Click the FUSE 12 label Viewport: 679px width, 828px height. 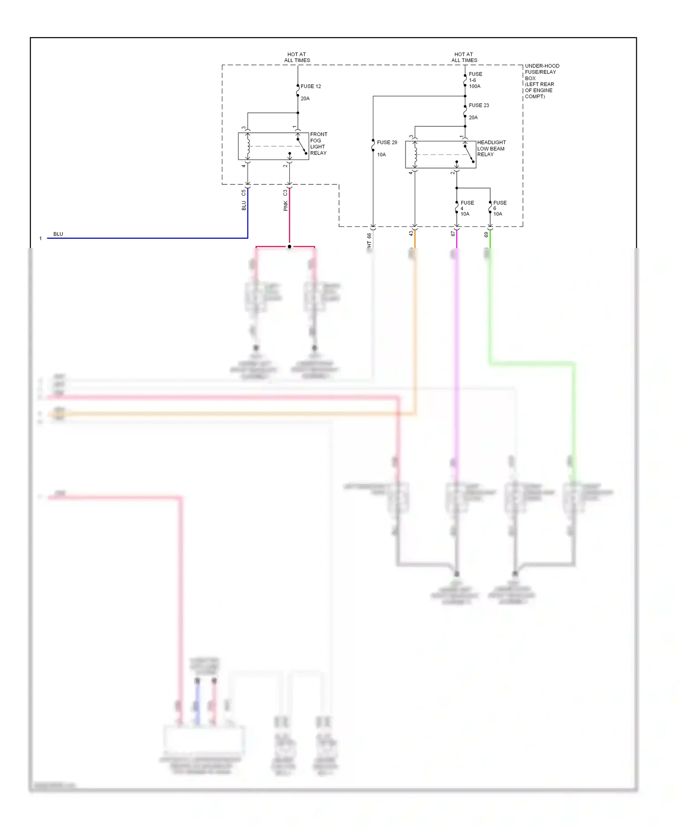click(x=311, y=86)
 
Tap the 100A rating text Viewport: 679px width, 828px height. click(x=474, y=86)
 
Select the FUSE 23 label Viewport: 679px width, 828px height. click(x=478, y=105)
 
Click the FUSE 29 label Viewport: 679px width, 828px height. click(x=387, y=142)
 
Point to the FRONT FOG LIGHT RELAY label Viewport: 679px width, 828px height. click(x=318, y=144)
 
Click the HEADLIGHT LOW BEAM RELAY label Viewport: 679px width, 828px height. click(x=491, y=149)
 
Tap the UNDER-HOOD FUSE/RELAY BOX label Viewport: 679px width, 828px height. click(x=541, y=81)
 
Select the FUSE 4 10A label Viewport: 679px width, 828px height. click(x=466, y=208)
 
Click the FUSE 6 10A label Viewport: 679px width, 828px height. click(x=499, y=208)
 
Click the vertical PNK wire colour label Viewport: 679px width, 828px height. click(x=286, y=206)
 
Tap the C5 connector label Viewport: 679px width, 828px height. click(x=244, y=193)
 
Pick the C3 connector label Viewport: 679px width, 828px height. click(x=285, y=193)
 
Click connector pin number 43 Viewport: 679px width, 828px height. click(x=411, y=234)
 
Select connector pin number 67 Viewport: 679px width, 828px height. click(x=453, y=234)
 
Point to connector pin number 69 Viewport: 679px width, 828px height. click(x=486, y=234)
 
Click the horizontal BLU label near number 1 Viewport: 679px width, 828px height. click(x=58, y=234)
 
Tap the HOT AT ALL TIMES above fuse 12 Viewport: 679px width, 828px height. click(x=297, y=57)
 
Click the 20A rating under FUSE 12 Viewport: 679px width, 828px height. click(x=305, y=98)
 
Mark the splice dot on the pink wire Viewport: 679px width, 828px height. click(x=289, y=247)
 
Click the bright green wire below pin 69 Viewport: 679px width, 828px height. click(x=490, y=240)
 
